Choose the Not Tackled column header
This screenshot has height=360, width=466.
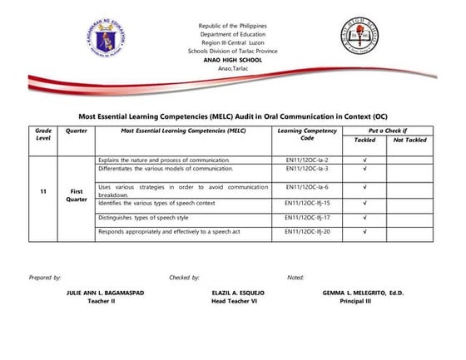click(409, 141)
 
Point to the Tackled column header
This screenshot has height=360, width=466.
click(364, 141)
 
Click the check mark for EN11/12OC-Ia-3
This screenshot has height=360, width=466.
click(365, 168)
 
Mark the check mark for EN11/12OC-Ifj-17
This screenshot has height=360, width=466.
click(365, 217)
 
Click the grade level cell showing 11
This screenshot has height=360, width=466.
click(42, 192)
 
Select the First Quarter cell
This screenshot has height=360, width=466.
click(76, 195)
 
